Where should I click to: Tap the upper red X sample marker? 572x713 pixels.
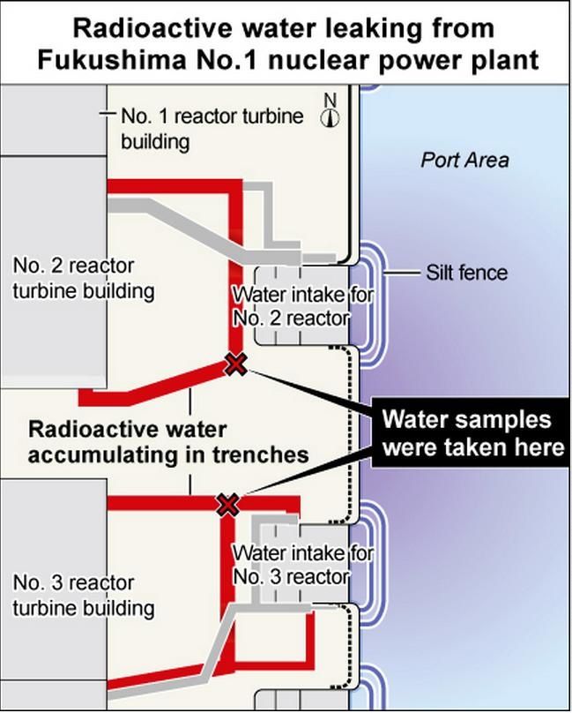[x=235, y=364]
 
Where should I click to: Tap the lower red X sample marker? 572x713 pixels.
[x=228, y=505]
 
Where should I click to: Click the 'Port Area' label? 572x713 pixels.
[x=464, y=160]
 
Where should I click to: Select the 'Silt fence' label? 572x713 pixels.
[x=466, y=272]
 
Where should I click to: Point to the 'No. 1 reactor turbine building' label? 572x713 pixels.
[x=212, y=128]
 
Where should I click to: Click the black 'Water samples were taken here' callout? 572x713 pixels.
[x=472, y=433]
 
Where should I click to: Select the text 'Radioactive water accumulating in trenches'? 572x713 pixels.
[x=168, y=442]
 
